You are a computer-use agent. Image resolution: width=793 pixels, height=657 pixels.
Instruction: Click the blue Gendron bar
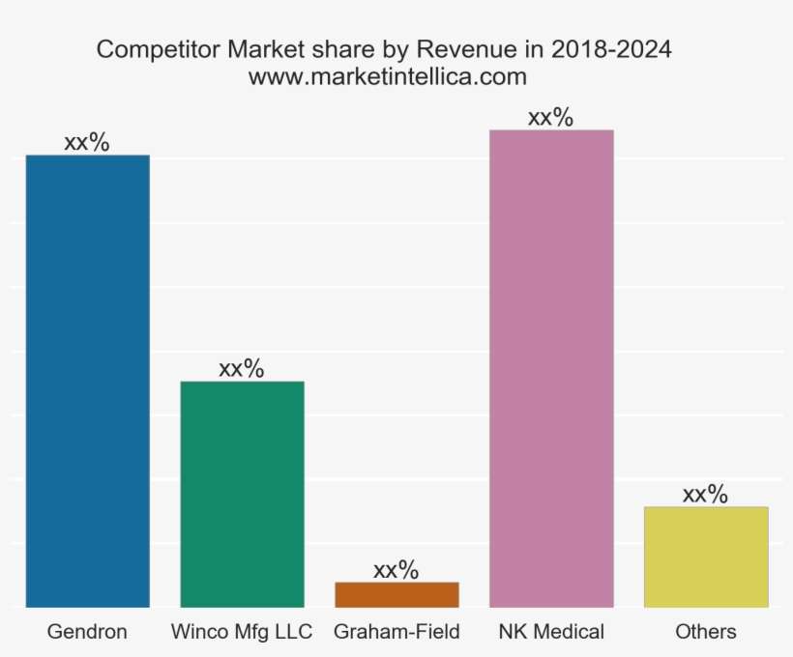tap(87, 381)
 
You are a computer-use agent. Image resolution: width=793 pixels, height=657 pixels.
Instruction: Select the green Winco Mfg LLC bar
tap(242, 494)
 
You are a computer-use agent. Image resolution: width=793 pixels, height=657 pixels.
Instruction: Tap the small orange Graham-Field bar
tap(396, 594)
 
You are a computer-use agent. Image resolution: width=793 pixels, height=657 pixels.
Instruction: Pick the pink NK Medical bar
tap(551, 368)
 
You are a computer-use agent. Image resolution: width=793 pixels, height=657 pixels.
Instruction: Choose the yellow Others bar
tap(706, 557)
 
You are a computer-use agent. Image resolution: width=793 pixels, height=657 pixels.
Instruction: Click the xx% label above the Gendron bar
tap(87, 142)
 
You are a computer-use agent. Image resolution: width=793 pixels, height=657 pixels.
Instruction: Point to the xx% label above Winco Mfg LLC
tap(242, 368)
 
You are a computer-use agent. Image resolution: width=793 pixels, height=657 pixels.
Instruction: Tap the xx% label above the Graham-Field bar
tap(396, 569)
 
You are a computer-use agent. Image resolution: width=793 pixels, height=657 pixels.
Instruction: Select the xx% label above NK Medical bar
tap(551, 117)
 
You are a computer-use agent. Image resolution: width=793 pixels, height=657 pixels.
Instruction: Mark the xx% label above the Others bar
tap(706, 494)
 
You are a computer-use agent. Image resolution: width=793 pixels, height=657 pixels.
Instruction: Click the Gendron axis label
tap(87, 632)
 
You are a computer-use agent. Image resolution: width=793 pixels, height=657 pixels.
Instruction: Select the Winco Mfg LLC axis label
tap(242, 632)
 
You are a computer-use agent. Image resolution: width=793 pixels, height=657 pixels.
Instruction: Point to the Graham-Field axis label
tap(396, 632)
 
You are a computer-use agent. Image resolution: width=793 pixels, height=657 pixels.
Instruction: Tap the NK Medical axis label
tap(551, 632)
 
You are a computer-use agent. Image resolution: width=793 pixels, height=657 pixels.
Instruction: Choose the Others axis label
tap(706, 632)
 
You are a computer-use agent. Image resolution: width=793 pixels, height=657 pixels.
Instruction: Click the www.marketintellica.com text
tap(387, 76)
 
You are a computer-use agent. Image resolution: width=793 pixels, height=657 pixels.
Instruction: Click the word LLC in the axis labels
tap(292, 632)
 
